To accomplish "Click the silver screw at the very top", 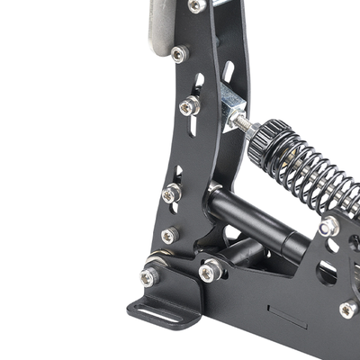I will coord(196,6).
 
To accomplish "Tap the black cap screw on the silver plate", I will coord(178,55).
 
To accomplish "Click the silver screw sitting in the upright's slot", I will coord(189,106).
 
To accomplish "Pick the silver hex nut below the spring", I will coord(329,227).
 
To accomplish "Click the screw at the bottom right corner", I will coord(347,309).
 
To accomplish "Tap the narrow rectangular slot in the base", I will coord(289,320).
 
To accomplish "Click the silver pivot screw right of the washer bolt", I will coord(210,270).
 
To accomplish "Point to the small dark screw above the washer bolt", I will coord(168,236).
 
